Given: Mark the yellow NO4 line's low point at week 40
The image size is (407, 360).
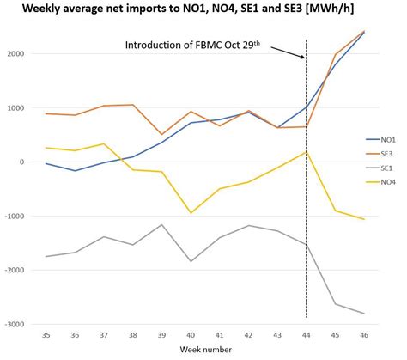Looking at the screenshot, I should click(x=191, y=212).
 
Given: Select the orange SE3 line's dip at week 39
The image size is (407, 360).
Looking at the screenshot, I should click(x=161, y=135).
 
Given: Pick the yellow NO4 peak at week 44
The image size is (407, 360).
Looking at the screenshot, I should click(x=307, y=152).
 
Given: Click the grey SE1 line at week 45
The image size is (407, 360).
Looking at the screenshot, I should click(x=336, y=304).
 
